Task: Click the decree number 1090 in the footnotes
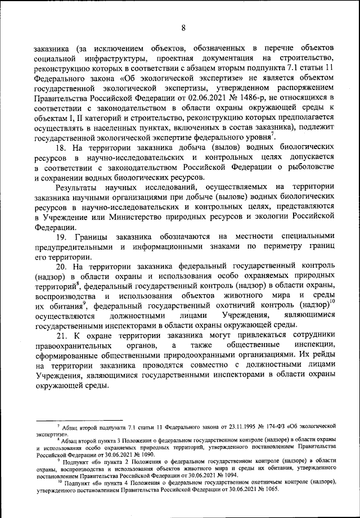143,454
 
